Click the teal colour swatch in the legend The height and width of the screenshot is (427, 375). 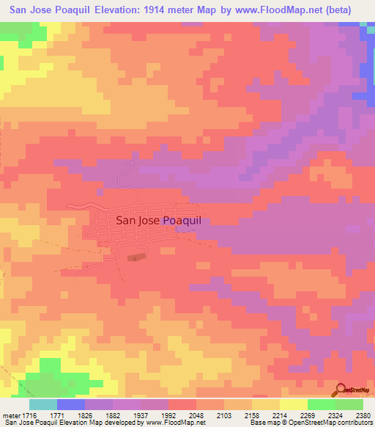(43, 404)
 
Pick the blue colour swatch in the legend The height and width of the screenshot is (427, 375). (71, 404)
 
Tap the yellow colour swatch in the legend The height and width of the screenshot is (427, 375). (293, 404)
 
